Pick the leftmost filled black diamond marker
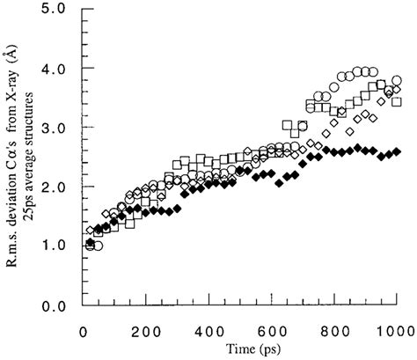(x=90, y=241)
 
